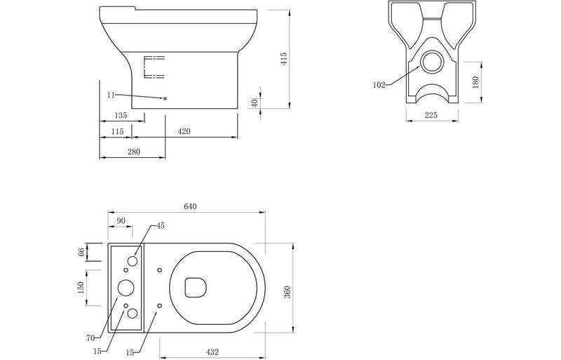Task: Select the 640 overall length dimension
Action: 190,206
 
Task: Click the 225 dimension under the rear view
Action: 431,116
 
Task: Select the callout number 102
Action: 379,84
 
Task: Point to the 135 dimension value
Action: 119,115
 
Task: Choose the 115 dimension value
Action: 116,131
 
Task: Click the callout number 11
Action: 111,94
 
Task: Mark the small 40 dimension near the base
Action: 256,102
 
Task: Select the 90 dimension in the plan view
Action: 121,221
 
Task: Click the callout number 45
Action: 161,225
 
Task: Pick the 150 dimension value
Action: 81,287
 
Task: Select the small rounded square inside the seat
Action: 194,287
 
